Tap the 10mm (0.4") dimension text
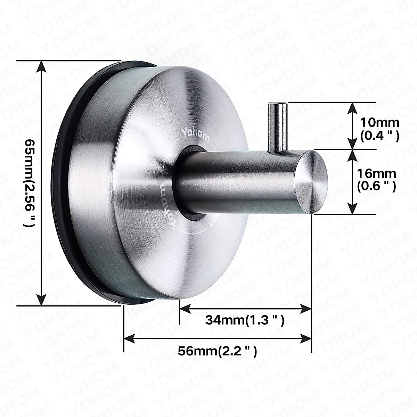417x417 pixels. [x=379, y=129]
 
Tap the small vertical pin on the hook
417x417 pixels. [x=278, y=127]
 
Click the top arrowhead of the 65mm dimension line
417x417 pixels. [x=42, y=66]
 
